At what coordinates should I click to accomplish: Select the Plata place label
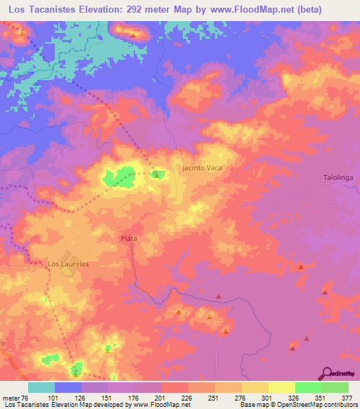click(x=129, y=239)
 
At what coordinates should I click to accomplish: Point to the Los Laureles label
click(x=68, y=264)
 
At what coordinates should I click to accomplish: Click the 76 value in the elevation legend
click(x=26, y=397)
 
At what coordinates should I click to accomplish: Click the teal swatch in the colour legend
click(x=41, y=387)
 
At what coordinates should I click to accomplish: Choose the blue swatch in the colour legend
click(x=68, y=387)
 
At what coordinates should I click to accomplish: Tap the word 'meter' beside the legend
click(x=10, y=397)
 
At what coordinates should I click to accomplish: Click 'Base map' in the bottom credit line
click(x=253, y=405)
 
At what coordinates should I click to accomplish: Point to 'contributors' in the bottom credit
click(x=337, y=405)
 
